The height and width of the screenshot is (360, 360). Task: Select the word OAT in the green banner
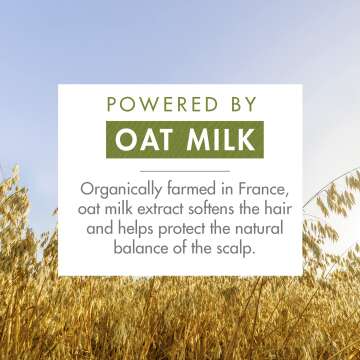(x=143, y=139)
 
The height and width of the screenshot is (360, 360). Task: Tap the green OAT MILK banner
(x=180, y=139)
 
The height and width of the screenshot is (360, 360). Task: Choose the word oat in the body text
(x=92, y=210)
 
